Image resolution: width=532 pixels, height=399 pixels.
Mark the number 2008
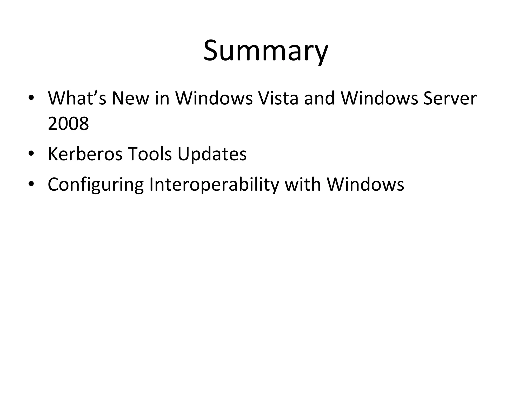coord(68,124)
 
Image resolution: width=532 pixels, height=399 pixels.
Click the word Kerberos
coord(85,154)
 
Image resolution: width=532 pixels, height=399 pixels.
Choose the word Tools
coord(150,154)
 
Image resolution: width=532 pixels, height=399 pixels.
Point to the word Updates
coord(212,154)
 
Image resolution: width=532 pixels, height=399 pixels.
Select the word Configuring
coord(96,184)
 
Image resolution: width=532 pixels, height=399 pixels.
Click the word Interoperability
coord(214,184)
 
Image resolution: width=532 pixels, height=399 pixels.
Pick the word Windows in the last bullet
coord(365,184)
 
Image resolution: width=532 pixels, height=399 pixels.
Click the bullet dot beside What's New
coord(31,98)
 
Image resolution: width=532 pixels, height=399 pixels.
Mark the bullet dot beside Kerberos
coord(31,154)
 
